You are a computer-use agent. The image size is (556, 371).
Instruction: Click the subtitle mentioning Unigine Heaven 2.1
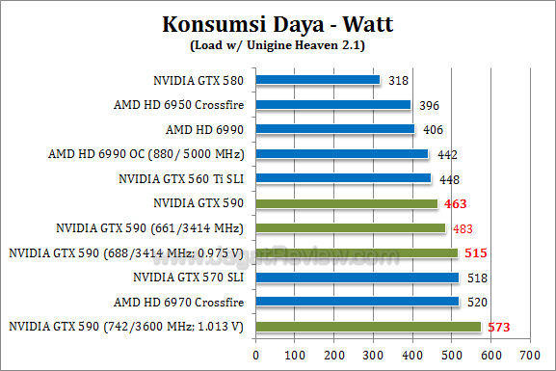click(278, 44)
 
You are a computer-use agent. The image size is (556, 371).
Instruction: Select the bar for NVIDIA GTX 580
click(318, 80)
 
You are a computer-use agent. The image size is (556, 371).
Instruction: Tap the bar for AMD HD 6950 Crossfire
click(333, 104)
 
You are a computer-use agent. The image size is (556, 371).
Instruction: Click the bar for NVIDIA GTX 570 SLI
click(357, 278)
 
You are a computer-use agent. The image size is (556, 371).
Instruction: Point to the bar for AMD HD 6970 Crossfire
click(357, 302)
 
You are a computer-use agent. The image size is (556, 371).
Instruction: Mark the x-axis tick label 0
click(256, 355)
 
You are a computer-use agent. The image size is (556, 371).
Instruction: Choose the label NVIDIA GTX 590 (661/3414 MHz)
click(149, 228)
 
